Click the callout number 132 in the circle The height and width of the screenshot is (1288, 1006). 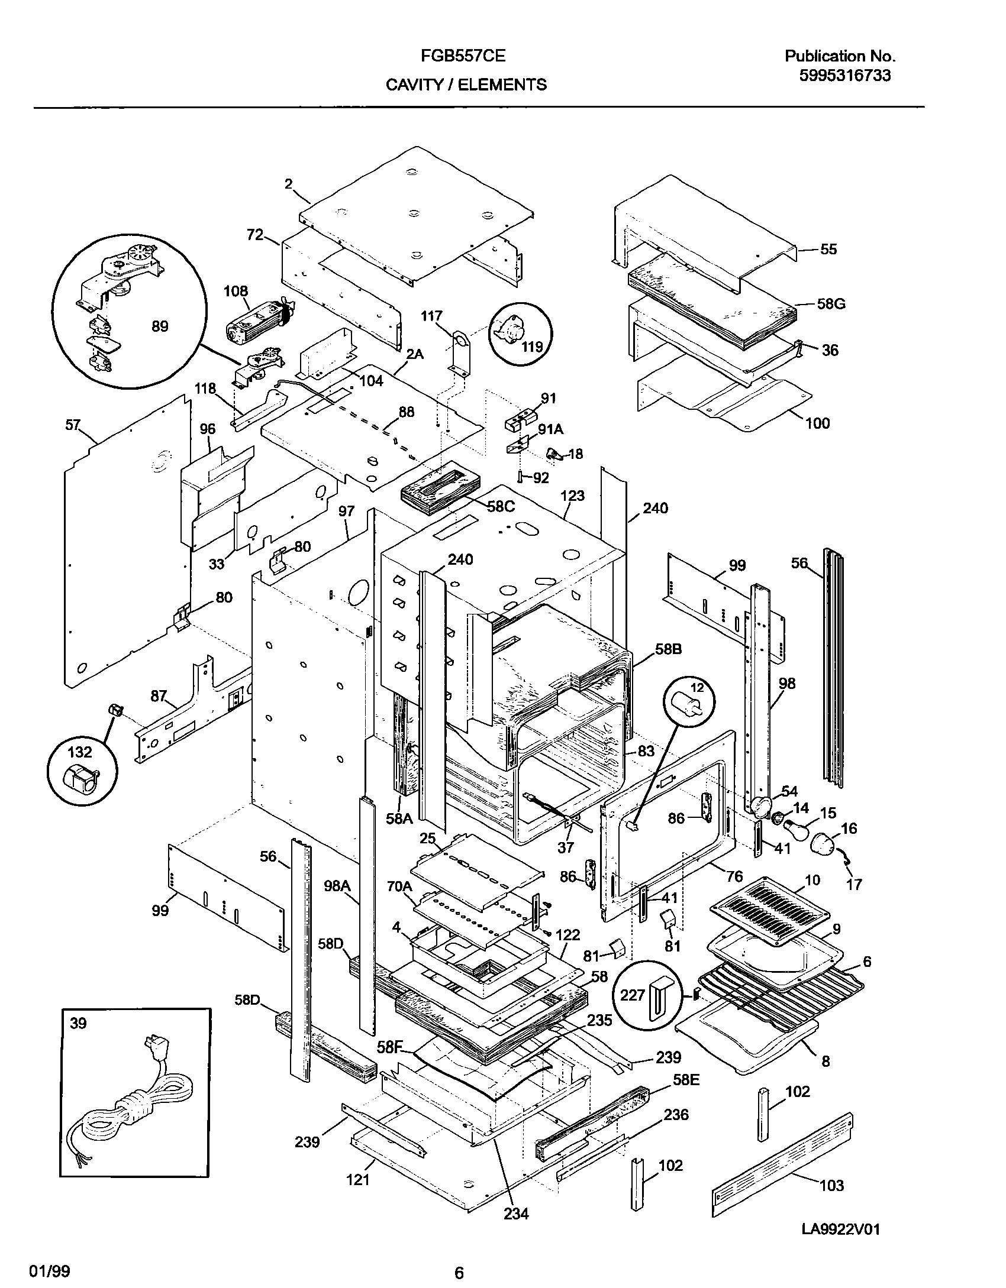80,752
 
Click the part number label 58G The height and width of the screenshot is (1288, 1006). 831,304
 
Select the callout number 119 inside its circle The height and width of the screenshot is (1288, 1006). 532,347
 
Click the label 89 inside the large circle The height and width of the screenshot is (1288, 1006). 160,326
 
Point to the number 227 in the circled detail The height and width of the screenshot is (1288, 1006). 632,995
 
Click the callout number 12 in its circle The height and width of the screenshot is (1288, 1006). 697,688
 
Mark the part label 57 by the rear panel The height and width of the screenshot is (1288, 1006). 72,425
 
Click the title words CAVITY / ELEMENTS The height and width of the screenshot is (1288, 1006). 466,85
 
